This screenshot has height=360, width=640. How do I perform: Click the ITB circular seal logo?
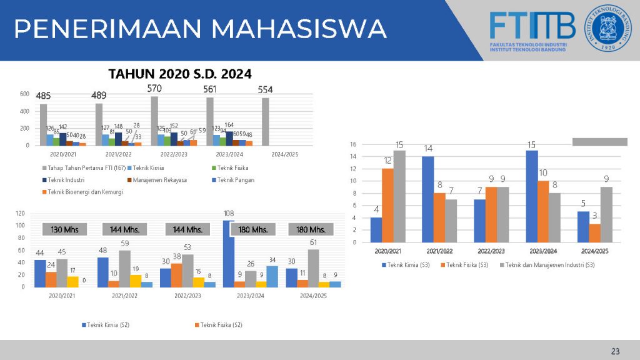[608, 29]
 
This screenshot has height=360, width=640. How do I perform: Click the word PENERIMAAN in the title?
[107, 29]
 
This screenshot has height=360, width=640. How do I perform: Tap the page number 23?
[616, 350]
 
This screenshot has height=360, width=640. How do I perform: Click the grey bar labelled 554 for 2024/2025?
[265, 121]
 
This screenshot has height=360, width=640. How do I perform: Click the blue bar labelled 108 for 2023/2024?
[228, 253]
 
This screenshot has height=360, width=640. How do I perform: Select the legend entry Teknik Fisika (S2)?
[221, 325]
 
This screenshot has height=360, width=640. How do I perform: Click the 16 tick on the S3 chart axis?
[353, 144]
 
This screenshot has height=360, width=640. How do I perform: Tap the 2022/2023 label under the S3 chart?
[491, 251]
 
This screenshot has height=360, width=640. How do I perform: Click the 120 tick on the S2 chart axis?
[19, 214]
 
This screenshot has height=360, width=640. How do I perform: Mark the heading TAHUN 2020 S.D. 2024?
[180, 74]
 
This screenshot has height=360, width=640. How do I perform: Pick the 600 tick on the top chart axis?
[24, 94]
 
